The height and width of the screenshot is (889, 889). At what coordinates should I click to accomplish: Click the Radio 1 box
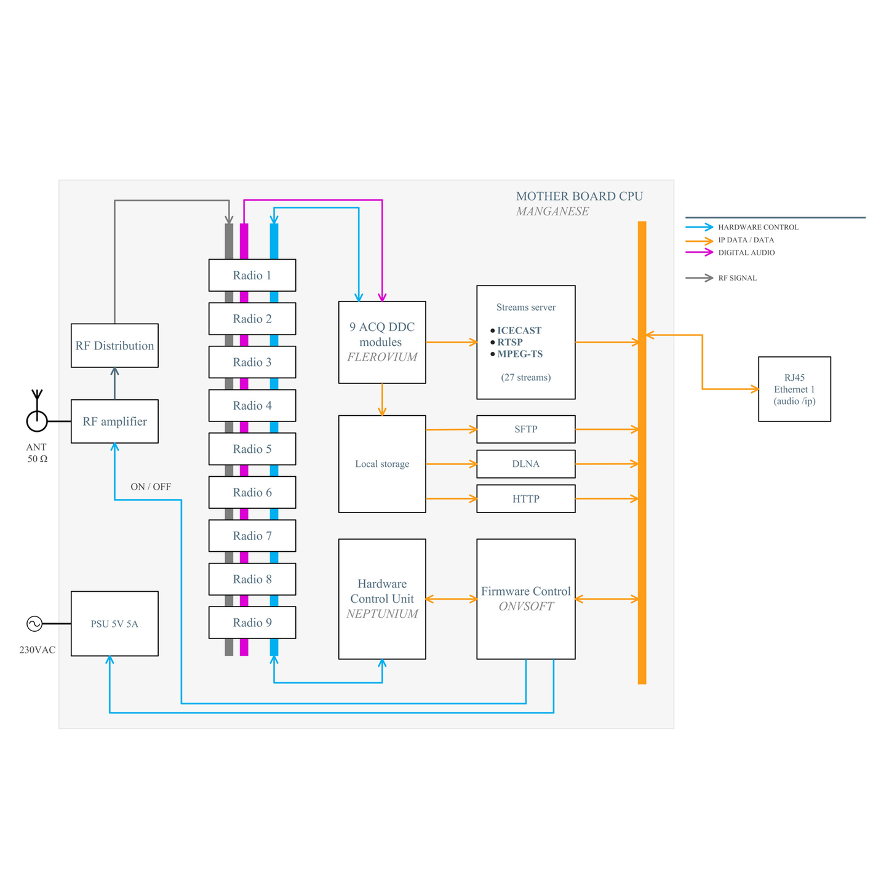(x=252, y=275)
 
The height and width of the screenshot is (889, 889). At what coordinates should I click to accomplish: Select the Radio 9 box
(x=252, y=623)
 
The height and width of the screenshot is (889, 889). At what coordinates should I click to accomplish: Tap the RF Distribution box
(x=114, y=346)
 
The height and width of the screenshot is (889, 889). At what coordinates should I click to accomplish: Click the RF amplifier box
(x=114, y=421)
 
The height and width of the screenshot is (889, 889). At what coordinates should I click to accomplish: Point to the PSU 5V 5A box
(x=114, y=624)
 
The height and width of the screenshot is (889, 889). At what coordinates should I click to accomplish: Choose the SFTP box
(x=526, y=429)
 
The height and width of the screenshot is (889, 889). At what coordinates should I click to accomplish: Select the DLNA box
(x=526, y=464)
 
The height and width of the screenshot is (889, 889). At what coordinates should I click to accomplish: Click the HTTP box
(x=526, y=499)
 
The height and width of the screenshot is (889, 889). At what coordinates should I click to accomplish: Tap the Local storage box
(x=382, y=464)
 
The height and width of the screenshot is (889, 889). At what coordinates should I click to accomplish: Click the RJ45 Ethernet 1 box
(x=794, y=389)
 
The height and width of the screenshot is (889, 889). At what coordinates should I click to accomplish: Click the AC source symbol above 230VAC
(x=34, y=624)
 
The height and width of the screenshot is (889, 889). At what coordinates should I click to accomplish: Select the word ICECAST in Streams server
(x=519, y=330)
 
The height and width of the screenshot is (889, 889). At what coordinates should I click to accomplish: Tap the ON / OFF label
(x=151, y=487)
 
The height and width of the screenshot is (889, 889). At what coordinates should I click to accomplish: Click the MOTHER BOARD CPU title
(x=580, y=196)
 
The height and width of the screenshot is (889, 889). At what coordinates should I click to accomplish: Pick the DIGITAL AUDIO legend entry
(x=730, y=252)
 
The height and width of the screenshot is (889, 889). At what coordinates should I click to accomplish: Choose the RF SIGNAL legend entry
(x=721, y=277)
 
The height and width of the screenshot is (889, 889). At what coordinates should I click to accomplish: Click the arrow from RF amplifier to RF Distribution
(x=114, y=383)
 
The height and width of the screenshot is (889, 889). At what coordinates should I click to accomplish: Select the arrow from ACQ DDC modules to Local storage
(x=382, y=399)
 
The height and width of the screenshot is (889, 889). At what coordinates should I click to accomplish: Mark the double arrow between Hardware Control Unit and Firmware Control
(x=451, y=599)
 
